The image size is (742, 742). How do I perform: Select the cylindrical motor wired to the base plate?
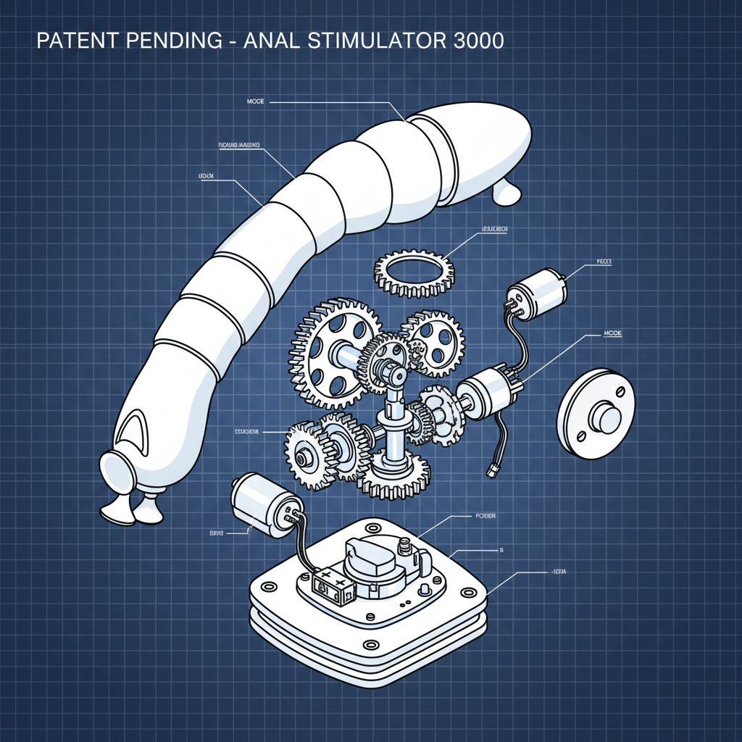tap(265, 500)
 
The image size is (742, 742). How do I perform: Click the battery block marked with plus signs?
tap(332, 583)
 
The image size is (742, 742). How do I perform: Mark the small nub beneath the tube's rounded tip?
tap(507, 192)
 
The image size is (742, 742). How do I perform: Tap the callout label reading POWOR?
tap(485, 516)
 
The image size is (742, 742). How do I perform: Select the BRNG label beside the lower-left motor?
tap(217, 533)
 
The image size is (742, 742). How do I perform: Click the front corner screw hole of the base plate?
tap(370, 644)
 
